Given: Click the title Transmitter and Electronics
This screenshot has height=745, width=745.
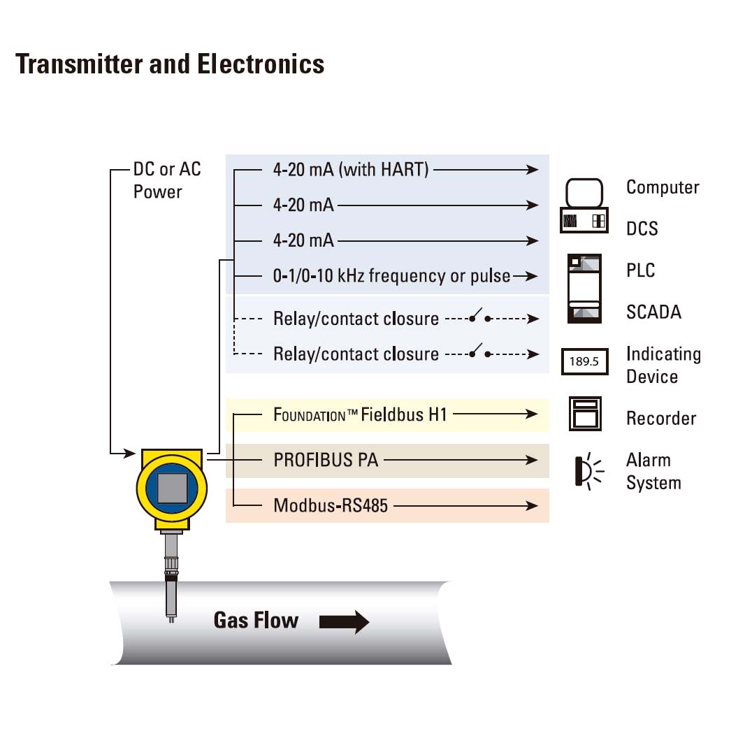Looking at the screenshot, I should click(x=170, y=64).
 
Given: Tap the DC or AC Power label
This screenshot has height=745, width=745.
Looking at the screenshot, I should click(x=167, y=180).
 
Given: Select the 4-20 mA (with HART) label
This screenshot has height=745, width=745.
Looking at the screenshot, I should click(x=350, y=170).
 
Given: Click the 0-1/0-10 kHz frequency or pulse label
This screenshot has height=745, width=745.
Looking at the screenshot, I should click(x=391, y=276).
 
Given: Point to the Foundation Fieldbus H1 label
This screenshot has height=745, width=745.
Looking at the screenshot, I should click(x=359, y=414).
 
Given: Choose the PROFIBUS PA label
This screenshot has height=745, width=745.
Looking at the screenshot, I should click(x=326, y=460).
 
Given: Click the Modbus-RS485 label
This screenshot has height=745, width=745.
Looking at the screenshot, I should click(x=330, y=505).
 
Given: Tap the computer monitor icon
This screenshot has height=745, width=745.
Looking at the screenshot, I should click(x=584, y=192).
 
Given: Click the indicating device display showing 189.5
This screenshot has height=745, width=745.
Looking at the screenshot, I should click(x=584, y=362).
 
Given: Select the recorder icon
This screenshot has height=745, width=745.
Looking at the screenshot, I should click(x=584, y=414).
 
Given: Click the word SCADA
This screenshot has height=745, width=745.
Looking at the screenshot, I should click(x=653, y=312).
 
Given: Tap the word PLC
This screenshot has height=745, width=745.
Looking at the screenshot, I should click(x=641, y=270).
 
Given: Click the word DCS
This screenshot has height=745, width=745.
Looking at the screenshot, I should click(x=642, y=229).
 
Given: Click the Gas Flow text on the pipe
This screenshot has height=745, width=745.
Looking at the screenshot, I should click(x=256, y=621).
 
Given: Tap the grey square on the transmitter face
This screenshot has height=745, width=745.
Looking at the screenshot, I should click(x=172, y=488).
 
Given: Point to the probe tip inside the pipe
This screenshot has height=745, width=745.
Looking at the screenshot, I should click(x=171, y=615).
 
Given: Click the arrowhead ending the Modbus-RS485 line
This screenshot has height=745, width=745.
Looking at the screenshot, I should click(x=533, y=505).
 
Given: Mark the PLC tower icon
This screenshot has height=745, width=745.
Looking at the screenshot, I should click(x=584, y=288).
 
